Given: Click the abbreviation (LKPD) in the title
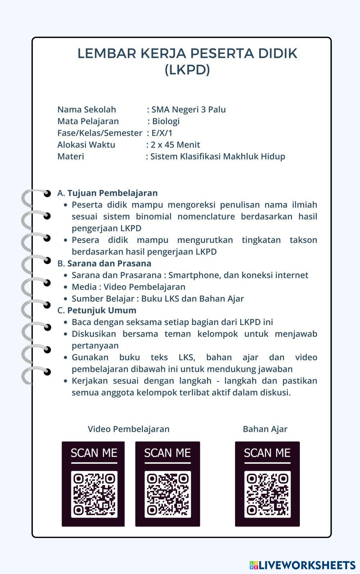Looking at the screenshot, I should (187, 69).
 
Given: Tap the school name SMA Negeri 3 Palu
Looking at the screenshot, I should (189, 109).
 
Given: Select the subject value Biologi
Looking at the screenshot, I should (166, 121).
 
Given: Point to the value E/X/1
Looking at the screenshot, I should (162, 133).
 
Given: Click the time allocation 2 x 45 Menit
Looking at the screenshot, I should (175, 145).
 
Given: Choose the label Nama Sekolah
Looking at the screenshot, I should (86, 109).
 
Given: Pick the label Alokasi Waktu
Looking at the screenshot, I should (86, 145).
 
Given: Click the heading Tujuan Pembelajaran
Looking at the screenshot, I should (112, 193).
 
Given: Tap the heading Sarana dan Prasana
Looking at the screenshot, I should (109, 263).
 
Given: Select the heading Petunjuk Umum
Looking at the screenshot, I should (102, 310).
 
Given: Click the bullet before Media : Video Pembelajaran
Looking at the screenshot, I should (65, 287).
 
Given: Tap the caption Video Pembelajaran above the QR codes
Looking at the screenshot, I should (129, 429).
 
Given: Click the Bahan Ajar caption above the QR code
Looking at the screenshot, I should (265, 429).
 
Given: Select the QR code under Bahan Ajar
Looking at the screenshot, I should (267, 494).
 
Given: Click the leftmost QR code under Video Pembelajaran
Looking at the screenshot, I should (94, 494).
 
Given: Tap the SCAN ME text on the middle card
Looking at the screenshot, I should (167, 453).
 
